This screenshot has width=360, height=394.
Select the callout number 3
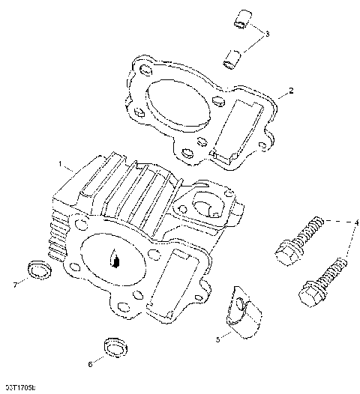pyautogui.click(x=267, y=34)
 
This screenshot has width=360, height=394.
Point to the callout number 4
pyautogui.click(x=357, y=222)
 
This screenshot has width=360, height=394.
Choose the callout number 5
pyautogui.click(x=217, y=339)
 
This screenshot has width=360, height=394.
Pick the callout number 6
pyautogui.click(x=91, y=365)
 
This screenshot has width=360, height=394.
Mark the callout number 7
pyautogui.click(x=14, y=284)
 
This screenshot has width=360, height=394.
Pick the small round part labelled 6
pyautogui.click(x=113, y=346)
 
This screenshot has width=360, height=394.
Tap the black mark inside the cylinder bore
pyautogui.click(x=115, y=260)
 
